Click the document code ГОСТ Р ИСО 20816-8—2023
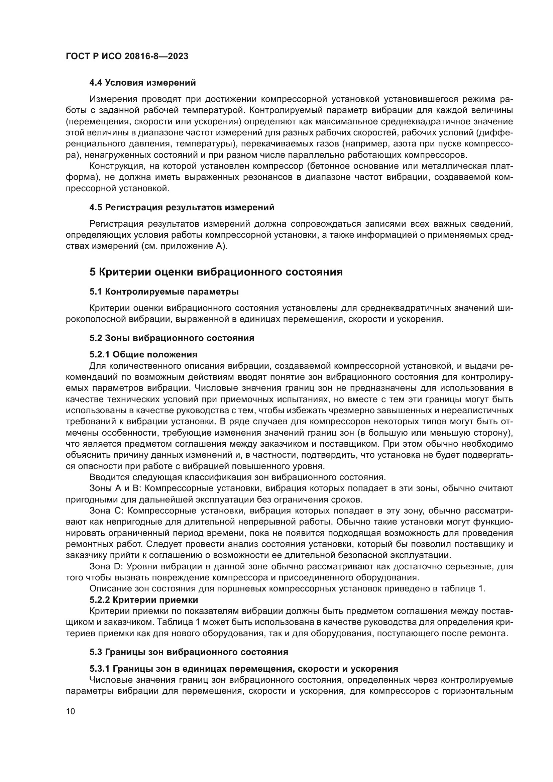tap(127, 57)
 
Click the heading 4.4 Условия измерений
tap(142, 83)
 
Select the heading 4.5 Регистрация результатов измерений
tap(182, 207)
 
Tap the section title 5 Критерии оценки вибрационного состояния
tap(216, 272)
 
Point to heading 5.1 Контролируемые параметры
tap(164, 292)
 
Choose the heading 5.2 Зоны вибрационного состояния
tap(172, 338)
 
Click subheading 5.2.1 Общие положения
tap(143, 354)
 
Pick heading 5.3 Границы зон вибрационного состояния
tap(189, 652)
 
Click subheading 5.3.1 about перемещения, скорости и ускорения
tap(243, 669)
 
